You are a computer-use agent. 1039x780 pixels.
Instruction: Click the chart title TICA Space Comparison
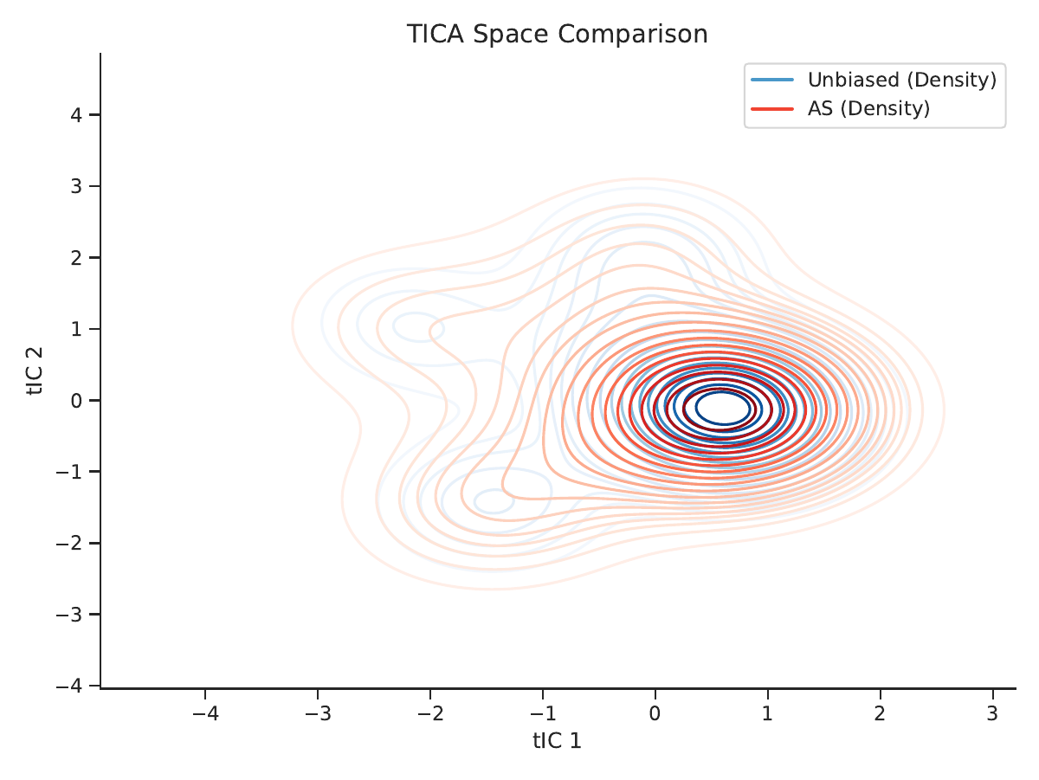pyautogui.click(x=557, y=34)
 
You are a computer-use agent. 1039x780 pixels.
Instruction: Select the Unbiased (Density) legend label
pyautogui.click(x=901, y=80)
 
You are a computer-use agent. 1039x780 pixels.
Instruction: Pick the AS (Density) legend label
pyautogui.click(x=868, y=108)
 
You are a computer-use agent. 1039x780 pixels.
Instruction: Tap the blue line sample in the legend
pyautogui.click(x=772, y=80)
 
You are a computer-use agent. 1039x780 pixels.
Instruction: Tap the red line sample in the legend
pyautogui.click(x=772, y=109)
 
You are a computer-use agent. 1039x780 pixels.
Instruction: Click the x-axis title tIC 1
pyautogui.click(x=557, y=741)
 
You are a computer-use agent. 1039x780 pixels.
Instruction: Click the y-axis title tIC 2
pyautogui.click(x=35, y=371)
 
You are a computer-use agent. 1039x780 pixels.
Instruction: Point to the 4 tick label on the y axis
pyautogui.click(x=76, y=115)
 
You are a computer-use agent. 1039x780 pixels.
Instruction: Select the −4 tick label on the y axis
pyautogui.click(x=69, y=686)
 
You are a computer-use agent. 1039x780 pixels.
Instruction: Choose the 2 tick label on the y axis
pyautogui.click(x=76, y=258)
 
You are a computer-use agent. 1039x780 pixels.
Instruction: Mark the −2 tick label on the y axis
pyautogui.click(x=69, y=543)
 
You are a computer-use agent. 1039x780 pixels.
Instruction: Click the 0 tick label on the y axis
pyautogui.click(x=76, y=401)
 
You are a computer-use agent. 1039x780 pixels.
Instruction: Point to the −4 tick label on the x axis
pyautogui.click(x=205, y=713)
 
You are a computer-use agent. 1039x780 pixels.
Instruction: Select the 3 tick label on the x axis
pyautogui.click(x=992, y=713)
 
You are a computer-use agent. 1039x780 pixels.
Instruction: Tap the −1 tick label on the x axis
pyautogui.click(x=543, y=713)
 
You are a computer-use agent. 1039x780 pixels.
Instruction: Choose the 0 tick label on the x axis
pyautogui.click(x=655, y=713)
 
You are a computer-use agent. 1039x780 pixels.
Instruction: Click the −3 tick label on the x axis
pyautogui.click(x=318, y=713)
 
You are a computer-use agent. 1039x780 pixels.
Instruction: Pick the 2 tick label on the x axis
pyautogui.click(x=880, y=713)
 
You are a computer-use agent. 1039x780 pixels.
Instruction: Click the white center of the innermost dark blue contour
pyautogui.click(x=723, y=408)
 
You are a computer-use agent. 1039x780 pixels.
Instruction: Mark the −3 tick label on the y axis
pyautogui.click(x=69, y=615)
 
